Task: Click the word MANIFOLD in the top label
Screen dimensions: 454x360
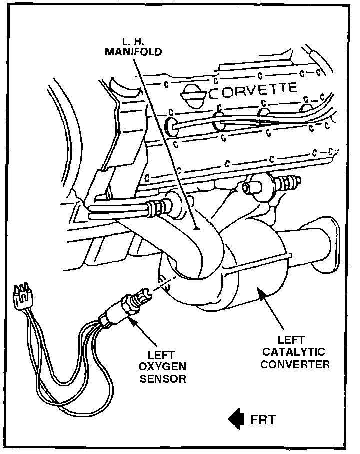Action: (133, 51)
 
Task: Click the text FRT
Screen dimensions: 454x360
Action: (262, 419)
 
